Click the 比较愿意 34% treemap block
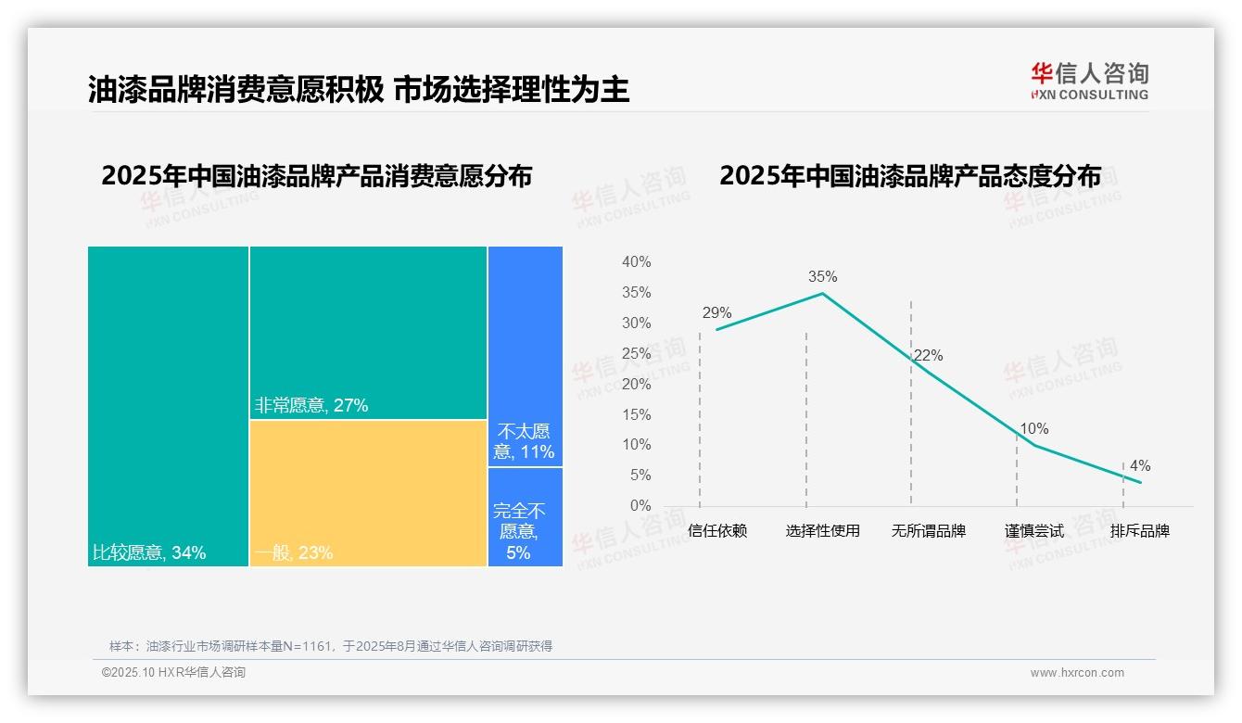168,405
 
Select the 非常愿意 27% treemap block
368,332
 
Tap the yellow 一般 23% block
368,492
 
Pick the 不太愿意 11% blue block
525,356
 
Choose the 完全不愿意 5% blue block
525,516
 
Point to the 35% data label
822,276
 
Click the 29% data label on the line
716,312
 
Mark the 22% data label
928,355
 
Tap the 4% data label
1139,465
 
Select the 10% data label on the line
1033,428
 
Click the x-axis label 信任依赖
717,531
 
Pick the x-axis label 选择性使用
822,531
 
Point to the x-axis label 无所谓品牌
928,531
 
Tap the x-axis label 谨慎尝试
1033,531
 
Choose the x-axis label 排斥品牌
1139,531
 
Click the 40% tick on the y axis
636,262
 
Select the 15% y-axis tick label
636,414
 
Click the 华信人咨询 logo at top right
1089,81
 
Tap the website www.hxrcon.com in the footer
1076,673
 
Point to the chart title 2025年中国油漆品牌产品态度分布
909,176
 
